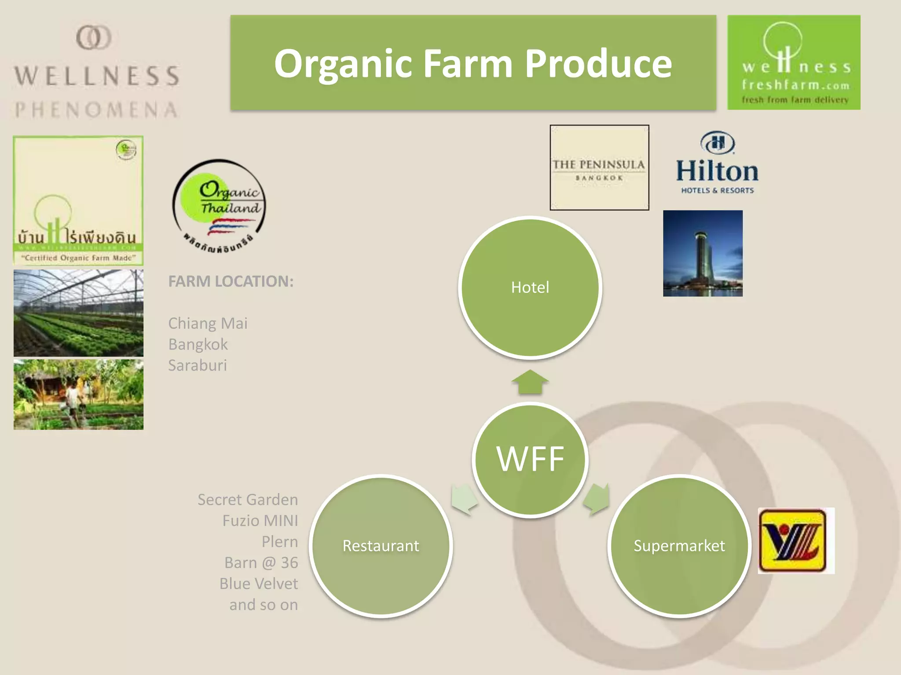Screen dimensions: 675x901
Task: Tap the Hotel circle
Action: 530,287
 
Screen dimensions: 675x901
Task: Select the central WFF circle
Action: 530,459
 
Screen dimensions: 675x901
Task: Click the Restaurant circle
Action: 381,546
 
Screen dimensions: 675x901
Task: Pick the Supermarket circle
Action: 679,546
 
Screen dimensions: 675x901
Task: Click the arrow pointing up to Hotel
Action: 530,381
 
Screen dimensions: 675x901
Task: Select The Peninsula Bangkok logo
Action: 599,167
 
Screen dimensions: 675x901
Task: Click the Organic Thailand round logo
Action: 219,207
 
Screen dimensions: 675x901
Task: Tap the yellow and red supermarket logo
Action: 795,541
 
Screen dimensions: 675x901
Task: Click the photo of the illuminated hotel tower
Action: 703,254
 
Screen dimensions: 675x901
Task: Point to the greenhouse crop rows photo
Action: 78,313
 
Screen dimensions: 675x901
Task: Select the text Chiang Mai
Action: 208,323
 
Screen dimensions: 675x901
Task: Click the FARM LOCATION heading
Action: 231,281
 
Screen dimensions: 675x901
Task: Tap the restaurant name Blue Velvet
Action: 259,584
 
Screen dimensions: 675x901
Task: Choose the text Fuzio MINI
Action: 260,521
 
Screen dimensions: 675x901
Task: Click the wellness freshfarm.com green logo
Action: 794,62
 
